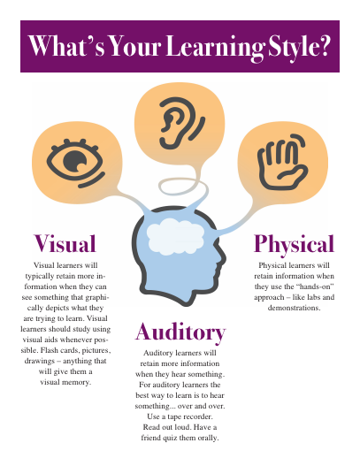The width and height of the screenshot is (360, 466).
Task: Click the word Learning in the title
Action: [x=215, y=47]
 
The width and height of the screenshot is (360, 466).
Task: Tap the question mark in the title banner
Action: [x=323, y=46]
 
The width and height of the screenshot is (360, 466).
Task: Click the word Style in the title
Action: [x=292, y=48]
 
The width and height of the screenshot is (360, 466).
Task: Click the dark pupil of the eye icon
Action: [x=74, y=162]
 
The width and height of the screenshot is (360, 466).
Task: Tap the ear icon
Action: [x=181, y=123]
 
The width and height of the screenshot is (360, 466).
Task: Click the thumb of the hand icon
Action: [x=293, y=174]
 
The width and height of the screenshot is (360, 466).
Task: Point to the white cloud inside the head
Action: [x=175, y=236]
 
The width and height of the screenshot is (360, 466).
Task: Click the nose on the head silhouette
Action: [x=222, y=258]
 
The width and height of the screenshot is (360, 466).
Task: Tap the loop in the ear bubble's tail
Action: [x=183, y=187]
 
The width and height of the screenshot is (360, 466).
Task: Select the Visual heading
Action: [x=65, y=244]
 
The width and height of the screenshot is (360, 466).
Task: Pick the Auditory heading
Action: [x=180, y=332]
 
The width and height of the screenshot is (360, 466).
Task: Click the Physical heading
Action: [x=294, y=244]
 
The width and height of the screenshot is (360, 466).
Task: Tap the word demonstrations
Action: [x=294, y=308]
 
